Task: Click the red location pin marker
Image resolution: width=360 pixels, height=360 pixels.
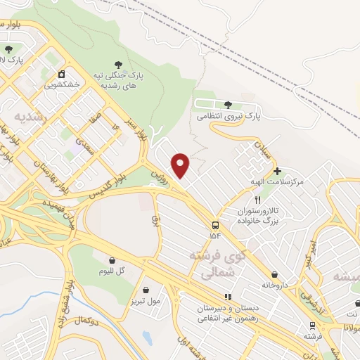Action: tap(181, 165)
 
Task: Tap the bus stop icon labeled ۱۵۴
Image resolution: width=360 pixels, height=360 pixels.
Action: tap(215, 225)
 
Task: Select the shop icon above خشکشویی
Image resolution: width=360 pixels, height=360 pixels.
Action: tap(62, 73)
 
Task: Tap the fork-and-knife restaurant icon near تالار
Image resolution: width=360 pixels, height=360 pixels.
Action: tap(257, 200)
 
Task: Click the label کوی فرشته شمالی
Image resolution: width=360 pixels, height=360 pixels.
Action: tap(209, 264)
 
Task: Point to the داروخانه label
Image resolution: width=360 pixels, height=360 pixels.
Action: tap(275, 285)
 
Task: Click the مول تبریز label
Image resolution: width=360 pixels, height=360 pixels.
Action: tap(145, 300)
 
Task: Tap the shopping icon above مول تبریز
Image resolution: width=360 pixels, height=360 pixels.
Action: tap(145, 289)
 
